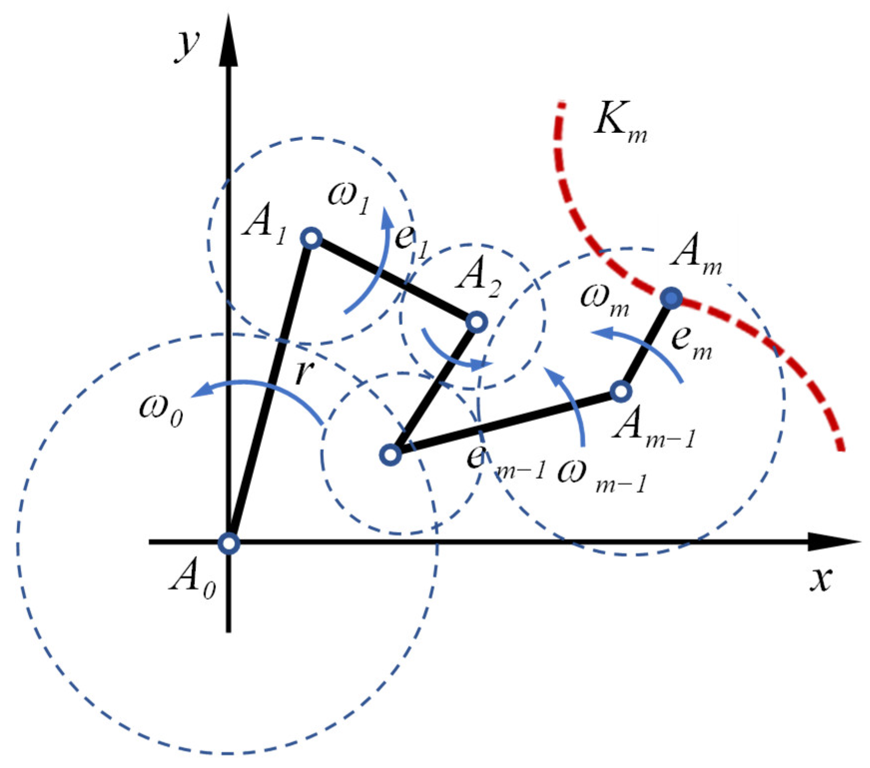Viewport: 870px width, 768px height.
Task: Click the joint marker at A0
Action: click(229, 542)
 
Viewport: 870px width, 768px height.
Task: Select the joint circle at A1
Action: click(311, 238)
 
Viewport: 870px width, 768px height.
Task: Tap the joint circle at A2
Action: click(476, 322)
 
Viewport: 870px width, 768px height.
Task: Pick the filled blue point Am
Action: click(671, 298)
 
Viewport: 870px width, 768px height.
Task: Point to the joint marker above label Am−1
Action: click(621, 391)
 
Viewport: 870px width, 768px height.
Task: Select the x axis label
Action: click(819, 579)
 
